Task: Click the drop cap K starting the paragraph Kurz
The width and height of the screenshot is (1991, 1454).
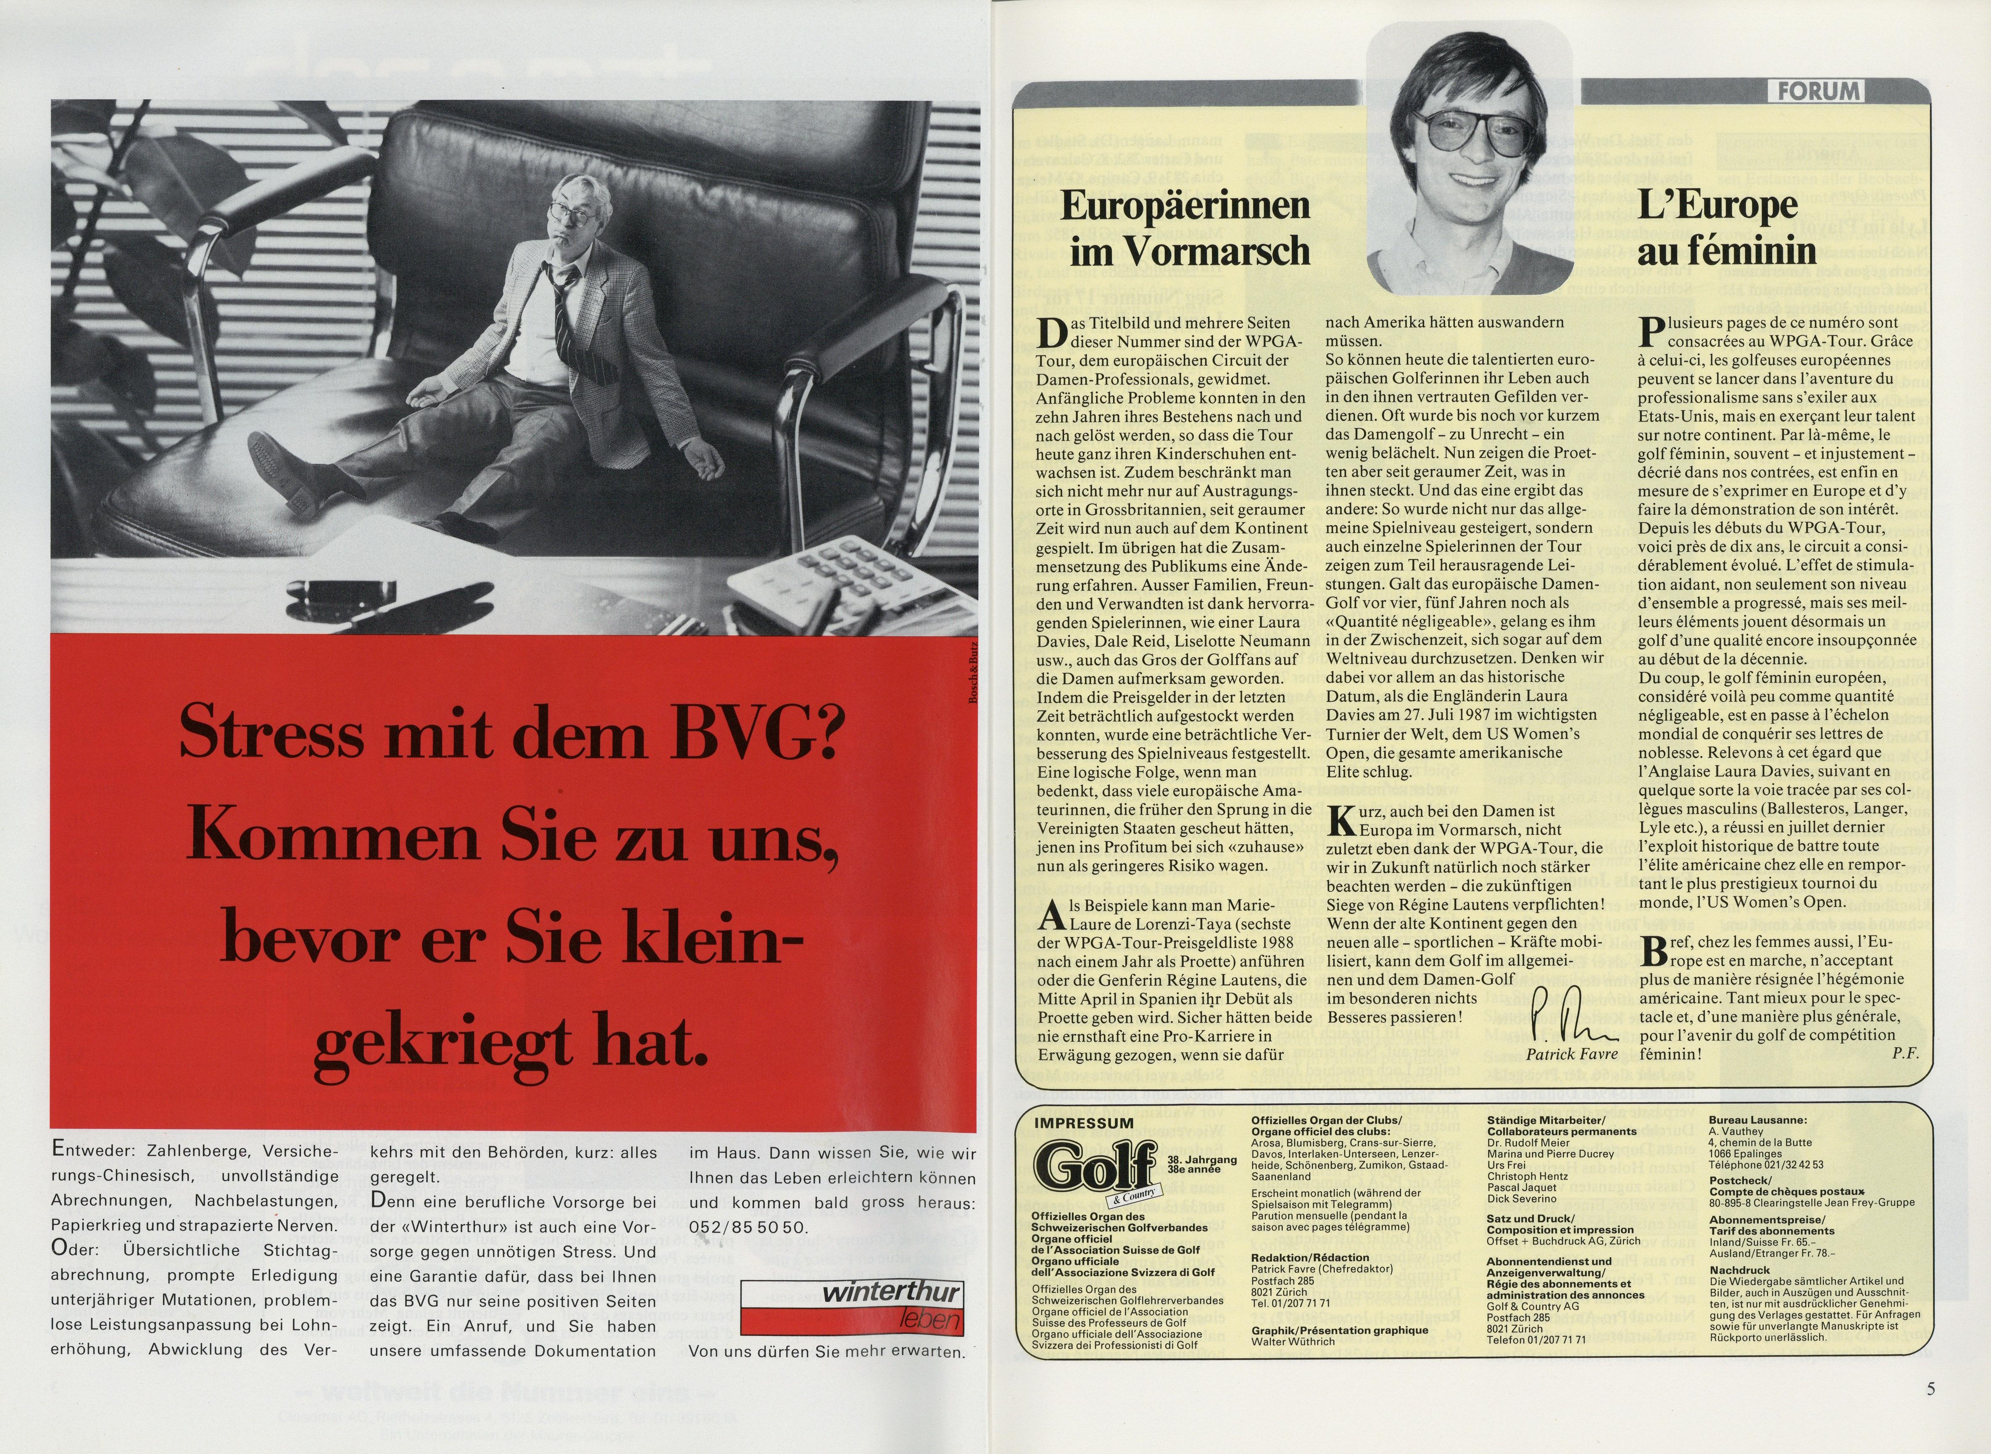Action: coord(1339,820)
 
